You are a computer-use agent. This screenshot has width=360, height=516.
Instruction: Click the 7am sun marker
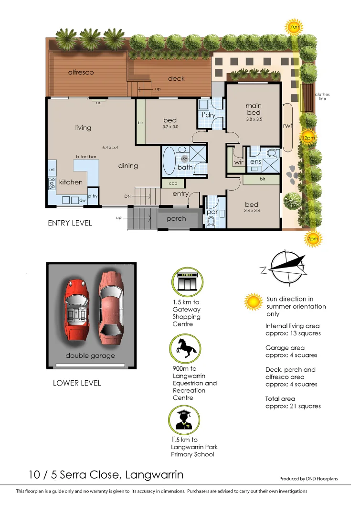click(295, 27)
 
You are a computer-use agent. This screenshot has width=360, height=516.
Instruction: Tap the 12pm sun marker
click(308, 138)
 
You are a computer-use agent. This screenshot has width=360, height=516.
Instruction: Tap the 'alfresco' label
click(81, 72)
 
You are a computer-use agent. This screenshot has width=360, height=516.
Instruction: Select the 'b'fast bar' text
click(86, 157)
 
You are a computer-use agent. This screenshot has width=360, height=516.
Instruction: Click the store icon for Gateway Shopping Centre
click(187, 282)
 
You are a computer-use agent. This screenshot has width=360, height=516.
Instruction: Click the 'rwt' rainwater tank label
click(288, 126)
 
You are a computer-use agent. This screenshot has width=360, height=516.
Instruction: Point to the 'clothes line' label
click(322, 97)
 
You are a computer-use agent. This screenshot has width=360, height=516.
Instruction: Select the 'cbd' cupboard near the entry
click(172, 183)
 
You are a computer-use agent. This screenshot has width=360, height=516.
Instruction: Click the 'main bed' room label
click(253, 109)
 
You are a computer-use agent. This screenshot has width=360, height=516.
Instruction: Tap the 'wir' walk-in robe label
click(239, 162)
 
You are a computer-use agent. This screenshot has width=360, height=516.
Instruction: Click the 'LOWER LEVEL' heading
click(77, 383)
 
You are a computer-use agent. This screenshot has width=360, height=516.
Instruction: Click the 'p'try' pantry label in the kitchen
click(93, 196)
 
